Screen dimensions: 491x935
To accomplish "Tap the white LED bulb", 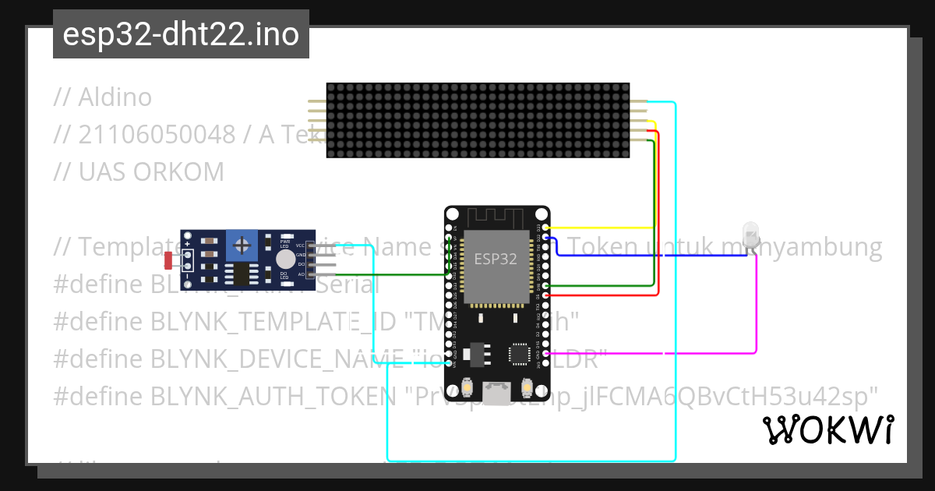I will click(750, 235).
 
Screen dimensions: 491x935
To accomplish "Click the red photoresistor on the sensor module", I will click(168, 263).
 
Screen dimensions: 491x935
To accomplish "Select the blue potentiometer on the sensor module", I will click(242, 246).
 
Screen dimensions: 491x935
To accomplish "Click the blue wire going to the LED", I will click(639, 255).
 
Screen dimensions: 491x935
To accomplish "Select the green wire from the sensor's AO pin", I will click(390, 274).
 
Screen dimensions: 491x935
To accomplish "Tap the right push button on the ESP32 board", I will click(527, 387).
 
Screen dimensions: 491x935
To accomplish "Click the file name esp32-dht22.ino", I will click(181, 34).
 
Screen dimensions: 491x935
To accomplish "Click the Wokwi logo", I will click(827, 429).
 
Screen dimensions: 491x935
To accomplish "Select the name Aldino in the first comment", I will click(115, 97).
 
